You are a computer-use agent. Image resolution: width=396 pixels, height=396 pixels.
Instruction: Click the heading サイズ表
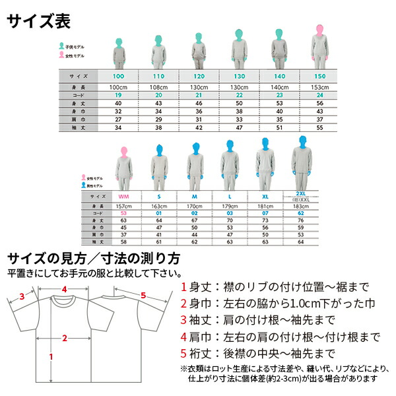[38, 20]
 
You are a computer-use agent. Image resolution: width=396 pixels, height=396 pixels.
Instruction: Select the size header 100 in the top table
[118, 77]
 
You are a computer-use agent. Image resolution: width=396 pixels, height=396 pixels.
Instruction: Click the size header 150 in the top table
[319, 77]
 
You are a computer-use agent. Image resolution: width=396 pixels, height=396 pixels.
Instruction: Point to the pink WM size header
[123, 197]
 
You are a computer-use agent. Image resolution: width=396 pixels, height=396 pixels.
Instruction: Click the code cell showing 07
[265, 213]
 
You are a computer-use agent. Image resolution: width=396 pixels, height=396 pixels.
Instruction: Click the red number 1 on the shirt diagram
[51, 356]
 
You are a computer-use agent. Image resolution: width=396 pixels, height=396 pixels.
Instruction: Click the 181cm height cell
[265, 207]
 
